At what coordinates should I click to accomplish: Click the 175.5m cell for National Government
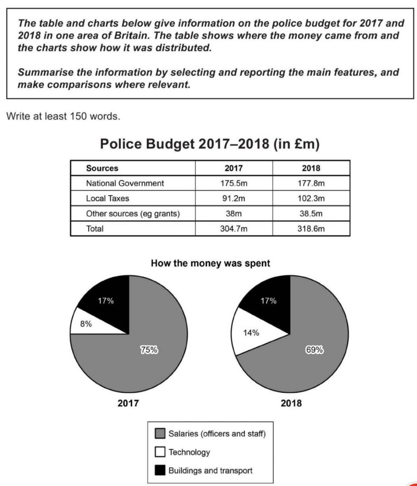tap(234, 183)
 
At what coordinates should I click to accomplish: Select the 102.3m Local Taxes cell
tap(311, 198)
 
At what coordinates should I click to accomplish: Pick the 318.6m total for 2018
tap(311, 228)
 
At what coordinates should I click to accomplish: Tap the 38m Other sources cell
tap(234, 213)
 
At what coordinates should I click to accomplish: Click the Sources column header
tap(102, 168)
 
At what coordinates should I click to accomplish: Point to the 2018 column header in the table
tap(311, 168)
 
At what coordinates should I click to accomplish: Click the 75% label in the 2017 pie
tap(148, 350)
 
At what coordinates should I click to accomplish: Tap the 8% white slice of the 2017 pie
tap(86, 325)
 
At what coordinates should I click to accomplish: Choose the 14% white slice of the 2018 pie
tap(251, 333)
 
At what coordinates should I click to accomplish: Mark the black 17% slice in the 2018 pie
tap(269, 300)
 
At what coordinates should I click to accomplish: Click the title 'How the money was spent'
tap(210, 263)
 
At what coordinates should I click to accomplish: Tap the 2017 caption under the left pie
tap(128, 404)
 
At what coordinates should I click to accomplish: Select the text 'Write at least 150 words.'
tap(62, 116)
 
